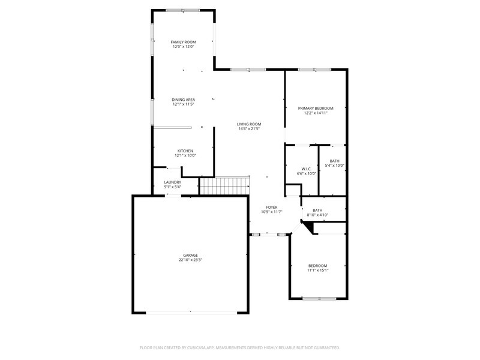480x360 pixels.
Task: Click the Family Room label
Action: tap(183, 42)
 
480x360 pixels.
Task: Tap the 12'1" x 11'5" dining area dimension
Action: tap(184, 104)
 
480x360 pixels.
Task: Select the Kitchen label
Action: tap(185, 151)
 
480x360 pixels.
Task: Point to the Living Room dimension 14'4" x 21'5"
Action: tap(249, 128)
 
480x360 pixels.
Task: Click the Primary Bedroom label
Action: tap(316, 108)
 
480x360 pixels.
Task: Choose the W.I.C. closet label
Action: tap(307, 169)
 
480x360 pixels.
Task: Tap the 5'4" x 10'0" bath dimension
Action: tap(335, 166)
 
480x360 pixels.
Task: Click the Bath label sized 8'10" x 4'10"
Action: tap(317, 211)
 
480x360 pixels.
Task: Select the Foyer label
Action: tap(272, 207)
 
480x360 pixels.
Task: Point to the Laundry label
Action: tap(173, 182)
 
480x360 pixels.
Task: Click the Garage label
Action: tap(190, 256)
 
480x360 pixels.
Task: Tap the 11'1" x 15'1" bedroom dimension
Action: tap(318, 271)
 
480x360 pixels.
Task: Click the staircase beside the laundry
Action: tap(224, 186)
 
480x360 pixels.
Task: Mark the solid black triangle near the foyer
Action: tap(308, 227)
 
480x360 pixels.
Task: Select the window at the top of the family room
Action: tap(183, 10)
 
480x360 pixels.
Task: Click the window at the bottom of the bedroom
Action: tap(319, 298)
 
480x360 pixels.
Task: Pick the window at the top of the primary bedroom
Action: tap(314, 70)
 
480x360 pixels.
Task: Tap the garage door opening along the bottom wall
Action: tap(191, 313)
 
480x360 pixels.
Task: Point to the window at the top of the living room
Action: tap(248, 70)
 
